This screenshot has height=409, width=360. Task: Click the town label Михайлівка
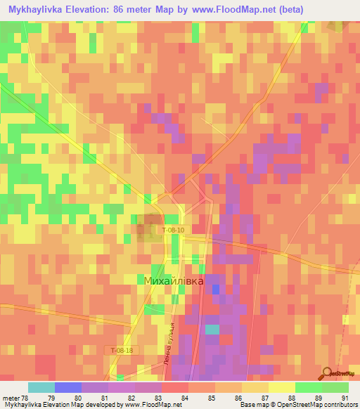pyautogui.click(x=173, y=281)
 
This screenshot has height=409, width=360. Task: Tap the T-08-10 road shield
pyautogui.click(x=173, y=230)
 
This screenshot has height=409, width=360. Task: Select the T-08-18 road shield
pyautogui.click(x=121, y=349)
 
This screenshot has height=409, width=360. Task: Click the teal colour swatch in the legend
pyautogui.click(x=41, y=387)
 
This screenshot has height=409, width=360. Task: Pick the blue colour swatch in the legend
pyautogui.click(x=68, y=387)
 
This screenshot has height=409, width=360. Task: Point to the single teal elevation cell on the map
pyautogui.click(x=212, y=329)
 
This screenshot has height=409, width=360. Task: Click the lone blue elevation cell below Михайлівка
pyautogui.click(x=215, y=290)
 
